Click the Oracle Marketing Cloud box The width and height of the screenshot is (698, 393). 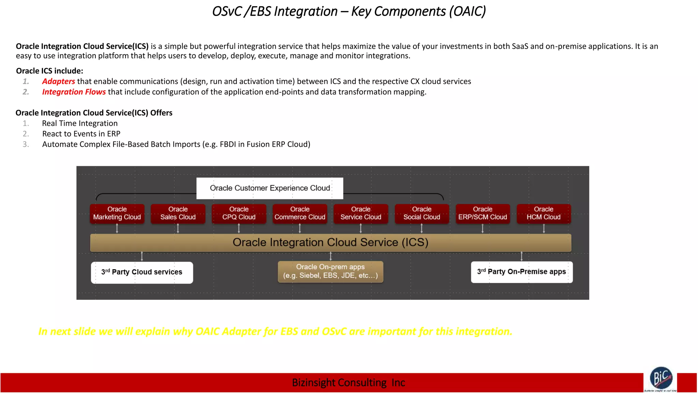[x=117, y=213]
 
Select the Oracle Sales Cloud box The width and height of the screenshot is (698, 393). [x=178, y=213]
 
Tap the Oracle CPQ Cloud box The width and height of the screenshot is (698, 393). [x=239, y=213]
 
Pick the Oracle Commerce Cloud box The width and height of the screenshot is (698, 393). [x=300, y=213]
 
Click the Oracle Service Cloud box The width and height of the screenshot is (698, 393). [x=361, y=213]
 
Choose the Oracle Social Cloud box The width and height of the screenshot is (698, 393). [x=422, y=213]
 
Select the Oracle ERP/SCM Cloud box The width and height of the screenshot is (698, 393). [x=483, y=213]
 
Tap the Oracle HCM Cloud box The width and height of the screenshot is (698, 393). [x=544, y=213]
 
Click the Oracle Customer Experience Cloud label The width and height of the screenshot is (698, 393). [x=270, y=188]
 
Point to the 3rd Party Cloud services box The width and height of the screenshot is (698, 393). [x=142, y=272]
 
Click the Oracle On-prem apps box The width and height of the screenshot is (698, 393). [x=330, y=272]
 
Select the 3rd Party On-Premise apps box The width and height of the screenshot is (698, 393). [x=521, y=272]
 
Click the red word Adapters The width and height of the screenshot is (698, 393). [x=58, y=82]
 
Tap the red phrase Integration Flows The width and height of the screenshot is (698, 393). [x=74, y=92]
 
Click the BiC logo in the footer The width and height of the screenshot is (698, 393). [x=661, y=378]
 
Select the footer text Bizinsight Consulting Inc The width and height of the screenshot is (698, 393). [x=348, y=383]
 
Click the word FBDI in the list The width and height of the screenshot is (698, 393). [x=228, y=144]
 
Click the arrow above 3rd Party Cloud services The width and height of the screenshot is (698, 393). [x=142, y=256]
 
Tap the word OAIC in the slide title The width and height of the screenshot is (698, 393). [x=467, y=12]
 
